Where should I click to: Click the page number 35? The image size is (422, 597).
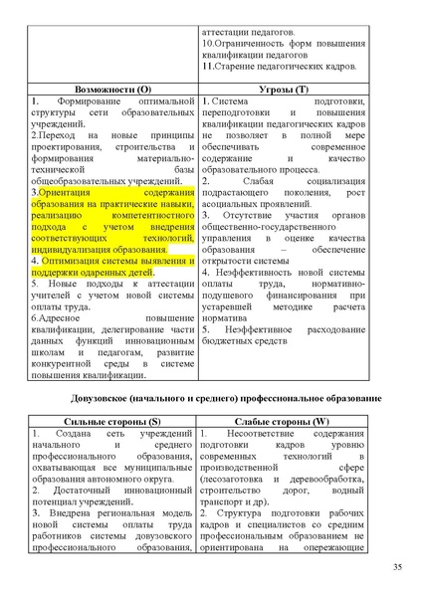397,567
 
